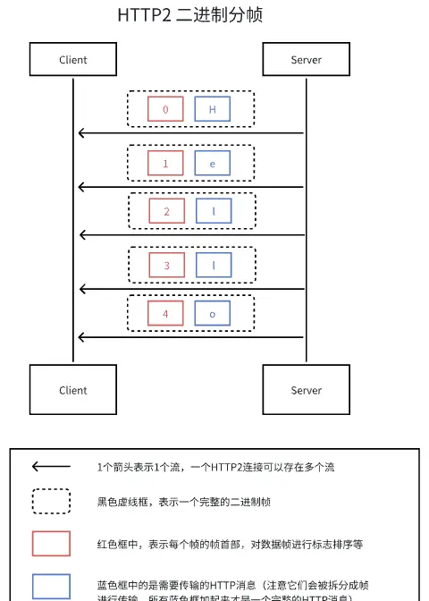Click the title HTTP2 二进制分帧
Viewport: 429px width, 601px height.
click(x=190, y=16)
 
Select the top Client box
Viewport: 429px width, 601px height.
click(x=73, y=60)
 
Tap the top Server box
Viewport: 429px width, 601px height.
click(x=306, y=60)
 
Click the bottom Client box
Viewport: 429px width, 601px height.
click(x=73, y=390)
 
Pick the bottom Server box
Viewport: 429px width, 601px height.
click(x=306, y=390)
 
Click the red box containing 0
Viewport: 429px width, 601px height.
click(x=165, y=110)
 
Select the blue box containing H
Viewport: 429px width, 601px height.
click(x=213, y=110)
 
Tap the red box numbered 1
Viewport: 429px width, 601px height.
click(x=165, y=165)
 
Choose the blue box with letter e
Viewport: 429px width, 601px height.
click(x=213, y=165)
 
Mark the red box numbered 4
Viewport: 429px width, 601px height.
click(x=165, y=313)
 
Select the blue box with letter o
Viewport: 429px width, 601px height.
click(x=213, y=313)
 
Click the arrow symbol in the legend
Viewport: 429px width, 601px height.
click(x=51, y=467)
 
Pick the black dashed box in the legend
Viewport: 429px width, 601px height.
click(x=51, y=502)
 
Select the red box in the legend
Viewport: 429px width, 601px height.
click(x=51, y=543)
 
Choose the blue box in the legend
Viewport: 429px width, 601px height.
click(x=51, y=586)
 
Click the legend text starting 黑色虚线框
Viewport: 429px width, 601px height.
click(x=196, y=503)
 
